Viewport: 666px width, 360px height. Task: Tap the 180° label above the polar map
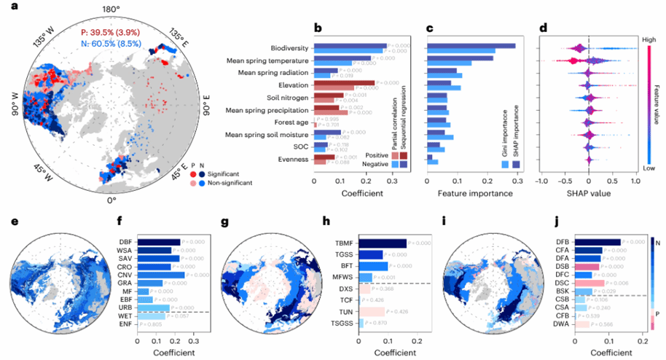click(x=111, y=9)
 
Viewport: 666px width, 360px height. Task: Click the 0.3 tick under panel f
click(x=193, y=340)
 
